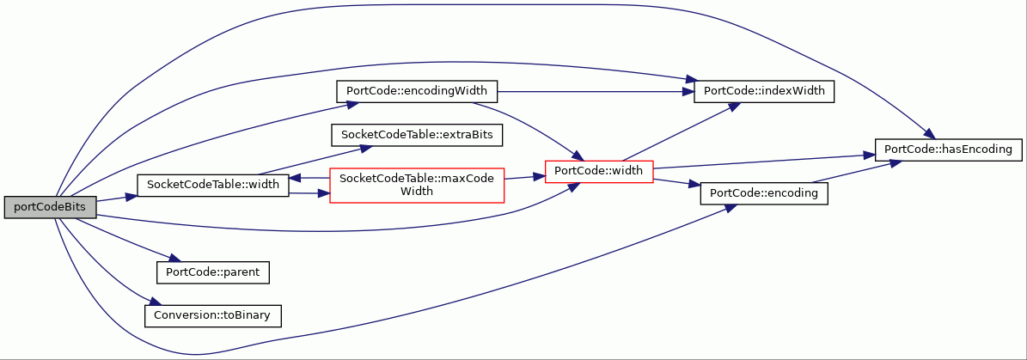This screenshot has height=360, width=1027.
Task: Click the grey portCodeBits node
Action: tap(51, 207)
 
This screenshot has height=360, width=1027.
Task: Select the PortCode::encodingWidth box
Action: tap(417, 91)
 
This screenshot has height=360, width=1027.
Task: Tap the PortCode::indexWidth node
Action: tap(764, 92)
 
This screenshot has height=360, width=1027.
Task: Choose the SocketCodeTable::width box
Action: tap(212, 186)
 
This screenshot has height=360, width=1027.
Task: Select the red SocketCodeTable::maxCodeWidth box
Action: tap(417, 186)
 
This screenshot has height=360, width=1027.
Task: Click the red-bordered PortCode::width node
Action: tap(602, 172)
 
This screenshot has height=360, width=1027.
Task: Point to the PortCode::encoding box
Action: tap(764, 193)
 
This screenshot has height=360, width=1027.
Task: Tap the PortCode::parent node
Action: tap(213, 272)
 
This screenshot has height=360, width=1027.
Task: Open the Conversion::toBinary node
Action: tap(213, 315)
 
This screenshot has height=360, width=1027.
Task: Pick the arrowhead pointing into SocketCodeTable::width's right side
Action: tap(296, 177)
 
